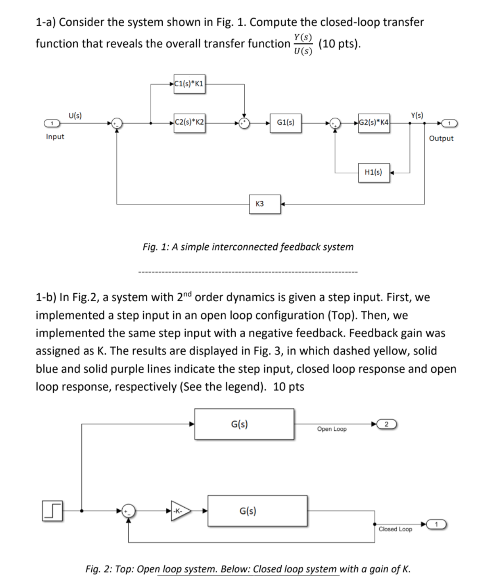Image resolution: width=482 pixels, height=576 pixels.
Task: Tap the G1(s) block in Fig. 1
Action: pyautogui.click(x=285, y=124)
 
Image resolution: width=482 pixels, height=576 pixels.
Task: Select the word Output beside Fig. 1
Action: pyautogui.click(x=441, y=138)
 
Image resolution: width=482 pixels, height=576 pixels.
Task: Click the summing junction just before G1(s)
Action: pyautogui.click(x=244, y=124)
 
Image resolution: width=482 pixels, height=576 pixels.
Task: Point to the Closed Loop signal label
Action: pyautogui.click(x=394, y=529)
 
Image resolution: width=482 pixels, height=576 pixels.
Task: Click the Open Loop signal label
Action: pyautogui.click(x=332, y=429)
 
